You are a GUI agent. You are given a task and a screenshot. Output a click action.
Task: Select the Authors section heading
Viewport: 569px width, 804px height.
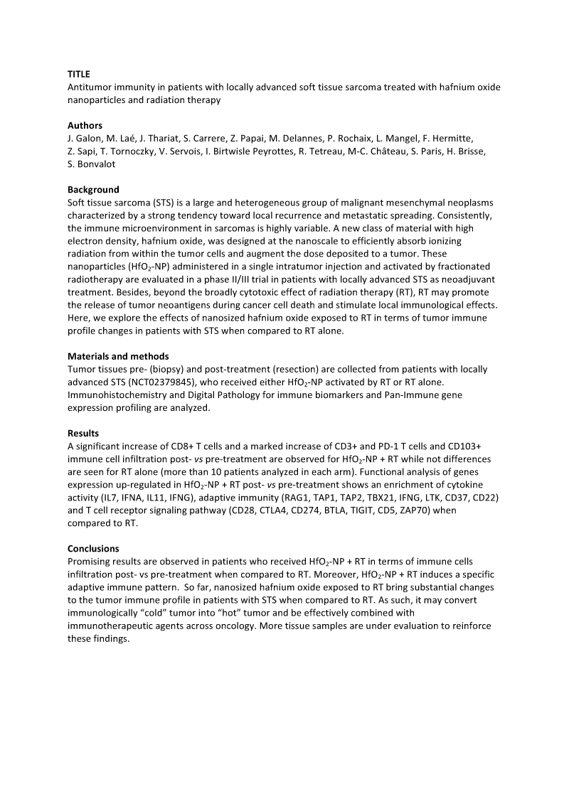[85, 126]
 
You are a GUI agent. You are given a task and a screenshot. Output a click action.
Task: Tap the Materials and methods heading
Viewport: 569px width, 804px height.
[118, 356]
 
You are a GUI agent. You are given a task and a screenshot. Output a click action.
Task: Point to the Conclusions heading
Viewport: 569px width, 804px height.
[93, 549]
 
